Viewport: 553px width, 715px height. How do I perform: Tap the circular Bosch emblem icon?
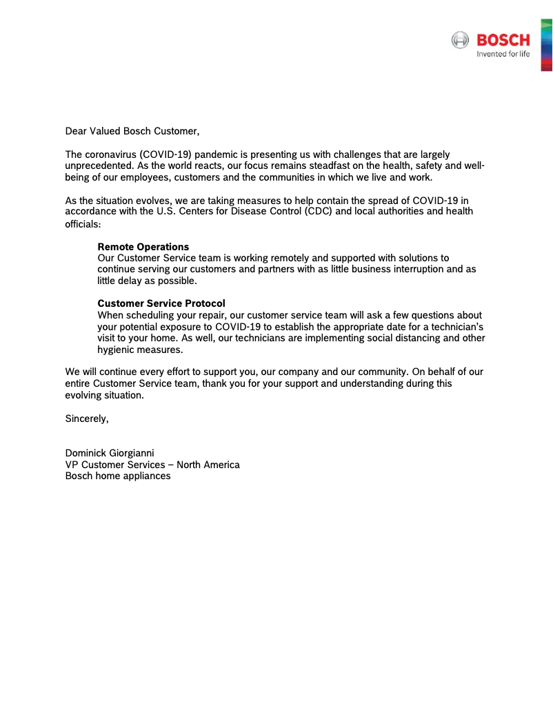460,40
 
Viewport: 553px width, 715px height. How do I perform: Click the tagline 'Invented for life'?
503,54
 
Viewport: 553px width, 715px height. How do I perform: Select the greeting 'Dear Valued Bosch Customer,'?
132,131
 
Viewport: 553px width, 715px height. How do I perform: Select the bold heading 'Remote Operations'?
143,247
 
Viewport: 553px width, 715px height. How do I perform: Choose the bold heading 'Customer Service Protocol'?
161,303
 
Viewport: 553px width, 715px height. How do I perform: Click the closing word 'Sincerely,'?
87,418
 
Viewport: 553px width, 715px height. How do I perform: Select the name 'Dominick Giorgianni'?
110,453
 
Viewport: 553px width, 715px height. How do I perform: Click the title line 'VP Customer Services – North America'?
152,465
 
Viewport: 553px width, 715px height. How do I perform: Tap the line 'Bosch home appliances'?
118,476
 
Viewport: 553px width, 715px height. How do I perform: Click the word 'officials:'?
83,224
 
